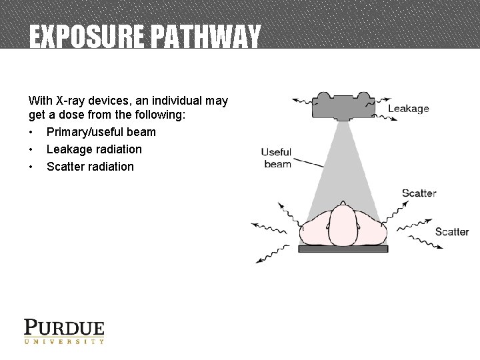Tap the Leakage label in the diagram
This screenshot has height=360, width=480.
(408, 109)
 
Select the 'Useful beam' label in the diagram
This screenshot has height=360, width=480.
(277, 158)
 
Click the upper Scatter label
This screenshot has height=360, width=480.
(419, 193)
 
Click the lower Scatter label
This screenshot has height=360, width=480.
(452, 232)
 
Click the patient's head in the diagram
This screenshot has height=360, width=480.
(343, 225)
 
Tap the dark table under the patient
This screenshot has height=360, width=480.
(343, 249)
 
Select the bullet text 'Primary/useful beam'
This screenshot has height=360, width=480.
(101, 132)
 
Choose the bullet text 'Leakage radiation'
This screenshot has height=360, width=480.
(94, 149)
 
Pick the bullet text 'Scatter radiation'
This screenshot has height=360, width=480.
(90, 167)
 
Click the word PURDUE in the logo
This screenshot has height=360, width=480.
(64, 328)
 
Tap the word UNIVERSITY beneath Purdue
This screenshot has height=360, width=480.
(64, 341)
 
